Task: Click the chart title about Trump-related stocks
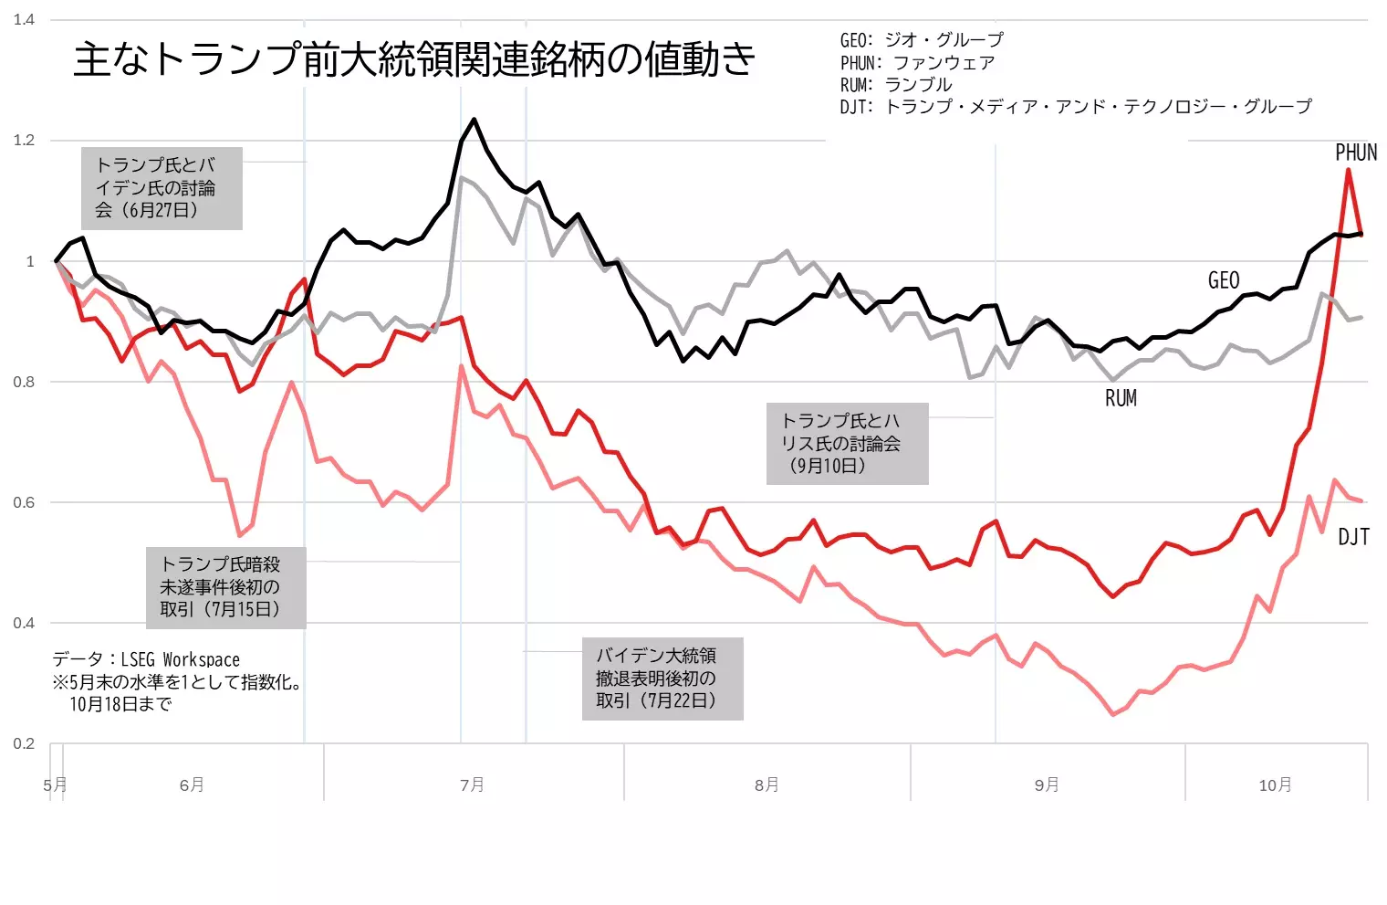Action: [414, 59]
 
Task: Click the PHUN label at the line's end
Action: [1355, 153]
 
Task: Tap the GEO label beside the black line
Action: [1223, 280]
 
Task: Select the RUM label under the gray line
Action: [1121, 398]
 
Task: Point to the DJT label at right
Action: [1353, 537]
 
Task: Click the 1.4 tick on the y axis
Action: [24, 19]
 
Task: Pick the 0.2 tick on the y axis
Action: [24, 743]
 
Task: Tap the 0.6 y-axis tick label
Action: [24, 502]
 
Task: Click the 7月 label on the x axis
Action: [472, 784]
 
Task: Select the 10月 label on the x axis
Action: [1275, 784]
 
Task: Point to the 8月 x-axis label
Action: [766, 784]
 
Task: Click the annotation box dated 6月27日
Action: [161, 188]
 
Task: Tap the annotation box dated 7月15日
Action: [225, 587]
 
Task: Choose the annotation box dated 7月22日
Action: [662, 679]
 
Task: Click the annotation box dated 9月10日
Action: [846, 444]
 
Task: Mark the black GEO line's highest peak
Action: [474, 120]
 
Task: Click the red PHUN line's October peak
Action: [1348, 170]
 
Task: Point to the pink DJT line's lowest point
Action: [1112, 714]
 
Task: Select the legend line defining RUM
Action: [895, 85]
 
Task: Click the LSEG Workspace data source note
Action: [146, 659]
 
